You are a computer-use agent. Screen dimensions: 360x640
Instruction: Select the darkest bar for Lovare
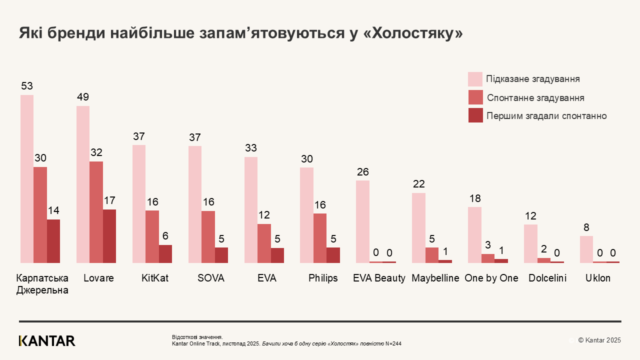109,236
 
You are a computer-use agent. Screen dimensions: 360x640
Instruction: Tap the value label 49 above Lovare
83,97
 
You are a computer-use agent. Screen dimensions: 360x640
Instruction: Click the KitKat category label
155,278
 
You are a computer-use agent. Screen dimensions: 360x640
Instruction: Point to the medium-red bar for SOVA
208,236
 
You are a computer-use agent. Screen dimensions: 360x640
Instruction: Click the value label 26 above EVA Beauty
363,172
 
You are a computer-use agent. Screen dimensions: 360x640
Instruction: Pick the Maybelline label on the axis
435,278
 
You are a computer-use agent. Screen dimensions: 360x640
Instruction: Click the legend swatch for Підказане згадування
475,79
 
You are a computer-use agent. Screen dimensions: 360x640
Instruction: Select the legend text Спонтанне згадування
535,98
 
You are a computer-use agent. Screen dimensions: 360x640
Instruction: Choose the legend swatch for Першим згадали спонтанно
475,115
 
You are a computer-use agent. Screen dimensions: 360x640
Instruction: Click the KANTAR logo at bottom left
47,341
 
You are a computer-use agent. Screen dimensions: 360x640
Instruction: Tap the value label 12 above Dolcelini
530,216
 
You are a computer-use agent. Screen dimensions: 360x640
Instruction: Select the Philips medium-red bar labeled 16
320,238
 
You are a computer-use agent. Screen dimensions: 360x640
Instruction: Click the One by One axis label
491,278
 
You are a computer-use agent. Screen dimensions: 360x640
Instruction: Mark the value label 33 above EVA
250,148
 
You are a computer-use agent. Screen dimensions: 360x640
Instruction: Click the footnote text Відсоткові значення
197,337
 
